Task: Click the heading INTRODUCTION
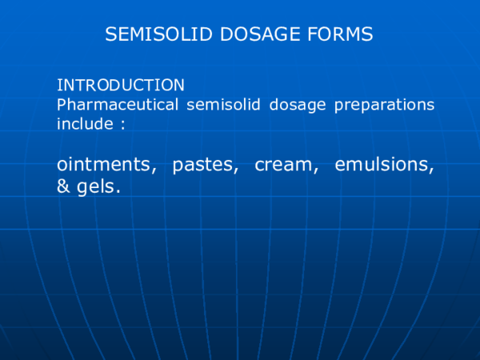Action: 121,85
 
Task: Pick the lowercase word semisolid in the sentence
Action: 219,105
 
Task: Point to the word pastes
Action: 203,166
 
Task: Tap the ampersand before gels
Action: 64,188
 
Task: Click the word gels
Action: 97,189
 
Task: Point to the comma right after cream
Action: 317,171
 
